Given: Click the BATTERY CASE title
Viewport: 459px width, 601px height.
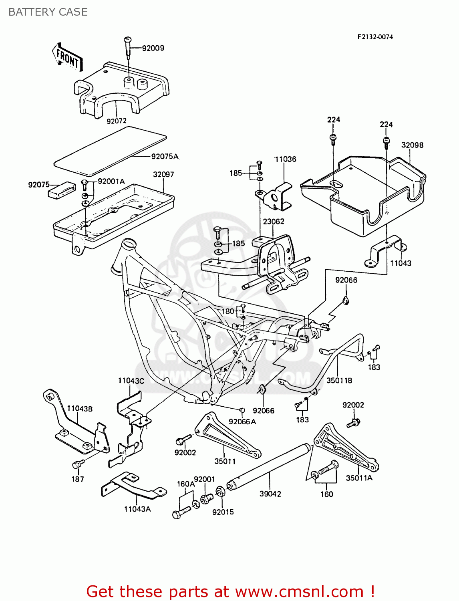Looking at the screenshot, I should tap(48, 12).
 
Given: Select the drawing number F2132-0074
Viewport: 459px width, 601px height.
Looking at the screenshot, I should tap(375, 37).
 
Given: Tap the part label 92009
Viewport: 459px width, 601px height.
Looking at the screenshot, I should tap(153, 48).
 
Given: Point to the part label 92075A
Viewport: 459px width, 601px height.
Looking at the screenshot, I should tap(165, 156).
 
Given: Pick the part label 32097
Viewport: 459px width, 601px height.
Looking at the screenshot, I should tap(163, 174).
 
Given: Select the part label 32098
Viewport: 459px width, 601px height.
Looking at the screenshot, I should tap(412, 145).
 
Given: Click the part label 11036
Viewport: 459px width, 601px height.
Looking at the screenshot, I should tap(285, 159).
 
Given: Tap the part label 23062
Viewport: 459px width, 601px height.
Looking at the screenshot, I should tap(274, 222).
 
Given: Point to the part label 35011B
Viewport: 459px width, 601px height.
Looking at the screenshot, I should tap(339, 380).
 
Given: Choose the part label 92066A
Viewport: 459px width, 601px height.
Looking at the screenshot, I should tap(242, 422).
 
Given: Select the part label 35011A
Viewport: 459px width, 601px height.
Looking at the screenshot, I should tap(359, 478).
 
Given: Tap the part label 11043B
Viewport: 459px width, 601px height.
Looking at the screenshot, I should tap(79, 409).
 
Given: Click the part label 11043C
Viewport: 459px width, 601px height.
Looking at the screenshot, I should tap(131, 381).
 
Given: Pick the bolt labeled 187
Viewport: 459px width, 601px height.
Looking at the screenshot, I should tap(77, 465).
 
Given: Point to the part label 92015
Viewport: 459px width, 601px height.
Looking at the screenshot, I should tap(223, 512).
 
